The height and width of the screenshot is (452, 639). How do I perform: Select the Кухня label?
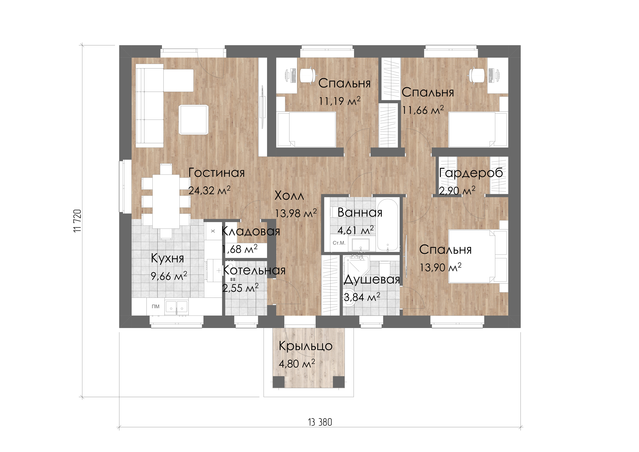168,258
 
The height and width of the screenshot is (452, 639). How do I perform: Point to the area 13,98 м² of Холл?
296,213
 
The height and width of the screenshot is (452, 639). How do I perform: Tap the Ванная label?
360,213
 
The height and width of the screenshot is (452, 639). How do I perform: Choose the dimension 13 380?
320,422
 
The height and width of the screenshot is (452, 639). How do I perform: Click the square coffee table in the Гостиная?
193,120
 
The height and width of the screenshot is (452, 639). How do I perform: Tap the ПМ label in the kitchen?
156,306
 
